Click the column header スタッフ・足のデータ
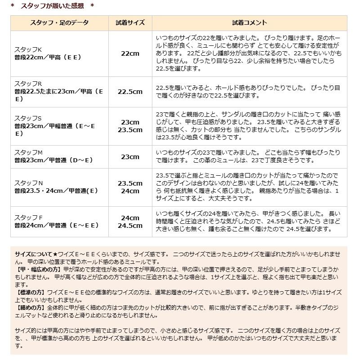tap(59, 23)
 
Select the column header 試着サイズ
tap(130, 23)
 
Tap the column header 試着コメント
tap(249, 23)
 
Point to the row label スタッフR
tap(28, 84)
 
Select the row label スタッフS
tap(28, 118)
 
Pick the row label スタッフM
tap(28, 153)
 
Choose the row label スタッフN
tap(28, 183)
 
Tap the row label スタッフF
tap(28, 218)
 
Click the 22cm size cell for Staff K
tap(130, 53)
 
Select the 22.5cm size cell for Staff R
tap(130, 92)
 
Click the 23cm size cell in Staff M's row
tap(130, 157)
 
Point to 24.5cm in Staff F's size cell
tap(130, 226)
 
